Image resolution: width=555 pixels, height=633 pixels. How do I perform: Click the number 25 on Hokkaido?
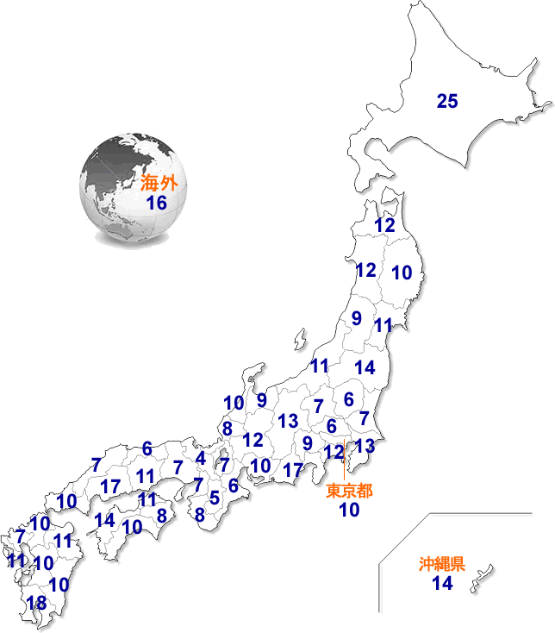point(446,101)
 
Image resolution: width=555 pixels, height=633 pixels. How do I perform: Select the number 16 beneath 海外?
point(156,203)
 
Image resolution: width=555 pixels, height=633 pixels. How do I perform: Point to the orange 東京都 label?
point(349,492)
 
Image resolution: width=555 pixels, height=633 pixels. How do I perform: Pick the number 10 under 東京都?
point(349,510)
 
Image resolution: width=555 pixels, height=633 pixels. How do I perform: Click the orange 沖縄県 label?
point(442,565)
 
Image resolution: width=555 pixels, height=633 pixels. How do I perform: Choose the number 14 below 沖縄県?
point(442,584)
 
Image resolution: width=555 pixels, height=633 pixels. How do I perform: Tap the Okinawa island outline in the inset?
point(482,578)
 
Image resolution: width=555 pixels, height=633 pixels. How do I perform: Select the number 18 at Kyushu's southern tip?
point(36,603)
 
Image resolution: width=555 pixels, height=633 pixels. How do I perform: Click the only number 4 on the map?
point(201,458)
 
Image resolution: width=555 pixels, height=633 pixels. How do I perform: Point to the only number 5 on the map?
point(215,498)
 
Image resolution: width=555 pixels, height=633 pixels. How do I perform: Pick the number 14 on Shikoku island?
point(105,520)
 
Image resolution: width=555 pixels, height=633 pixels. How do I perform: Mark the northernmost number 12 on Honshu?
point(385,225)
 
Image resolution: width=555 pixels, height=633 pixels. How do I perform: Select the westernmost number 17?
point(109,486)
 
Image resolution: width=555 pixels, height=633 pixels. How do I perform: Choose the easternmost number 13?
point(365,446)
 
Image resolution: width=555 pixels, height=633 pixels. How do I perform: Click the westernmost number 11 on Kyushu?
point(16,561)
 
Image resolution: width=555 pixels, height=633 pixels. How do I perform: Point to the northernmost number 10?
point(402,273)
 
